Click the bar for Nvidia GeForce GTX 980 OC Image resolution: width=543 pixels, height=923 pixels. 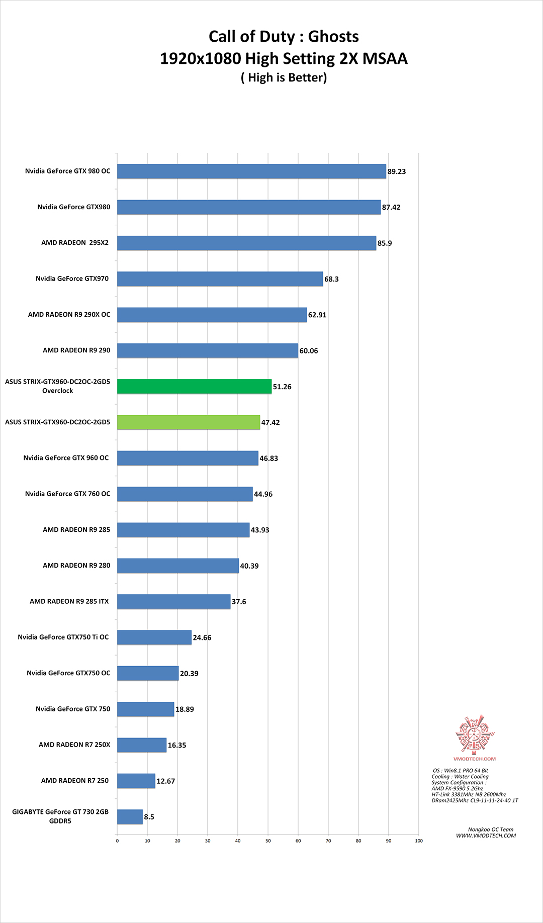[x=251, y=171]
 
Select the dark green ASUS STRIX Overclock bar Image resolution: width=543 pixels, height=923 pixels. [x=194, y=387]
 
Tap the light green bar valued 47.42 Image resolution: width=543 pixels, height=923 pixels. [x=189, y=422]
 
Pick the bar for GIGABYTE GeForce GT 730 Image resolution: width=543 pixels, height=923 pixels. [x=130, y=817]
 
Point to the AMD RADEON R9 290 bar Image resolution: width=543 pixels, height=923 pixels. [x=207, y=351]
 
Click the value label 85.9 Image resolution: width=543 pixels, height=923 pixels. [x=385, y=243]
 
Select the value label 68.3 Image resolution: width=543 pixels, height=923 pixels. [x=331, y=279]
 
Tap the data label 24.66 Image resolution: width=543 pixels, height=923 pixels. [x=202, y=637]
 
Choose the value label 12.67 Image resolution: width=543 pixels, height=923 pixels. [x=166, y=781]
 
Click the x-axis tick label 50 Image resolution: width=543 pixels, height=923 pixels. [x=268, y=841]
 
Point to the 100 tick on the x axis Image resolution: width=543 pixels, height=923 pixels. [x=419, y=841]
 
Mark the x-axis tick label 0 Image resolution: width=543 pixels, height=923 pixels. [x=117, y=841]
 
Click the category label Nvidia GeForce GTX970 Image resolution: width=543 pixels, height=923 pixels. [x=72, y=279]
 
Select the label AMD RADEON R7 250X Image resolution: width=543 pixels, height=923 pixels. [x=74, y=745]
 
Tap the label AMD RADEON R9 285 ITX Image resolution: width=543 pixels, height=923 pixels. [x=69, y=601]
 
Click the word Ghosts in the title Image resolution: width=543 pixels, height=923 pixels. [x=333, y=37]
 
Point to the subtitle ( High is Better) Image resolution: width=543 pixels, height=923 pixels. [x=284, y=77]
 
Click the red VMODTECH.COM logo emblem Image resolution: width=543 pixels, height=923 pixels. [x=475, y=734]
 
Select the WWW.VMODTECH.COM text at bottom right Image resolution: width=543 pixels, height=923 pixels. [x=486, y=836]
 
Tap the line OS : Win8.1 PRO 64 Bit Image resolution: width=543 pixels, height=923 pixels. [x=461, y=770]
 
